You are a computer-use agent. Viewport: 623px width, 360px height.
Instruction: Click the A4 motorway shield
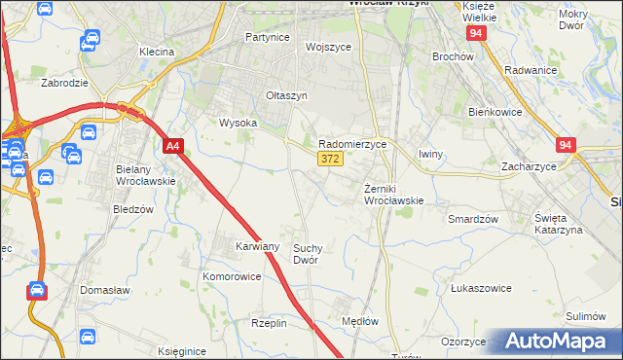click(x=172, y=147)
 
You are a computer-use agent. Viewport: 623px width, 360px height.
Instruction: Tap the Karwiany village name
click(x=257, y=246)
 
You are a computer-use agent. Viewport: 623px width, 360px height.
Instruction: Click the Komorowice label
click(x=232, y=276)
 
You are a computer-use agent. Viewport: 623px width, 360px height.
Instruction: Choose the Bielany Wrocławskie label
click(x=144, y=175)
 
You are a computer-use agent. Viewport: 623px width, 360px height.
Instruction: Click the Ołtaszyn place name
click(x=287, y=95)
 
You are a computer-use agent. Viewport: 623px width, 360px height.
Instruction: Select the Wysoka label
click(x=238, y=124)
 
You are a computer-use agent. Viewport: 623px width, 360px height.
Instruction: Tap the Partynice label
click(x=268, y=37)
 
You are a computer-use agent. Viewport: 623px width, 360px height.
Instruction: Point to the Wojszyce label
click(x=327, y=47)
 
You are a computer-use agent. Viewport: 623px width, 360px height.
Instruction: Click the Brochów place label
click(x=452, y=56)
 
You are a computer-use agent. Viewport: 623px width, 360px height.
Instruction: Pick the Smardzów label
click(x=473, y=219)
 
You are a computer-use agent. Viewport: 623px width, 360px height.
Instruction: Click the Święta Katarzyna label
click(x=558, y=223)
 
